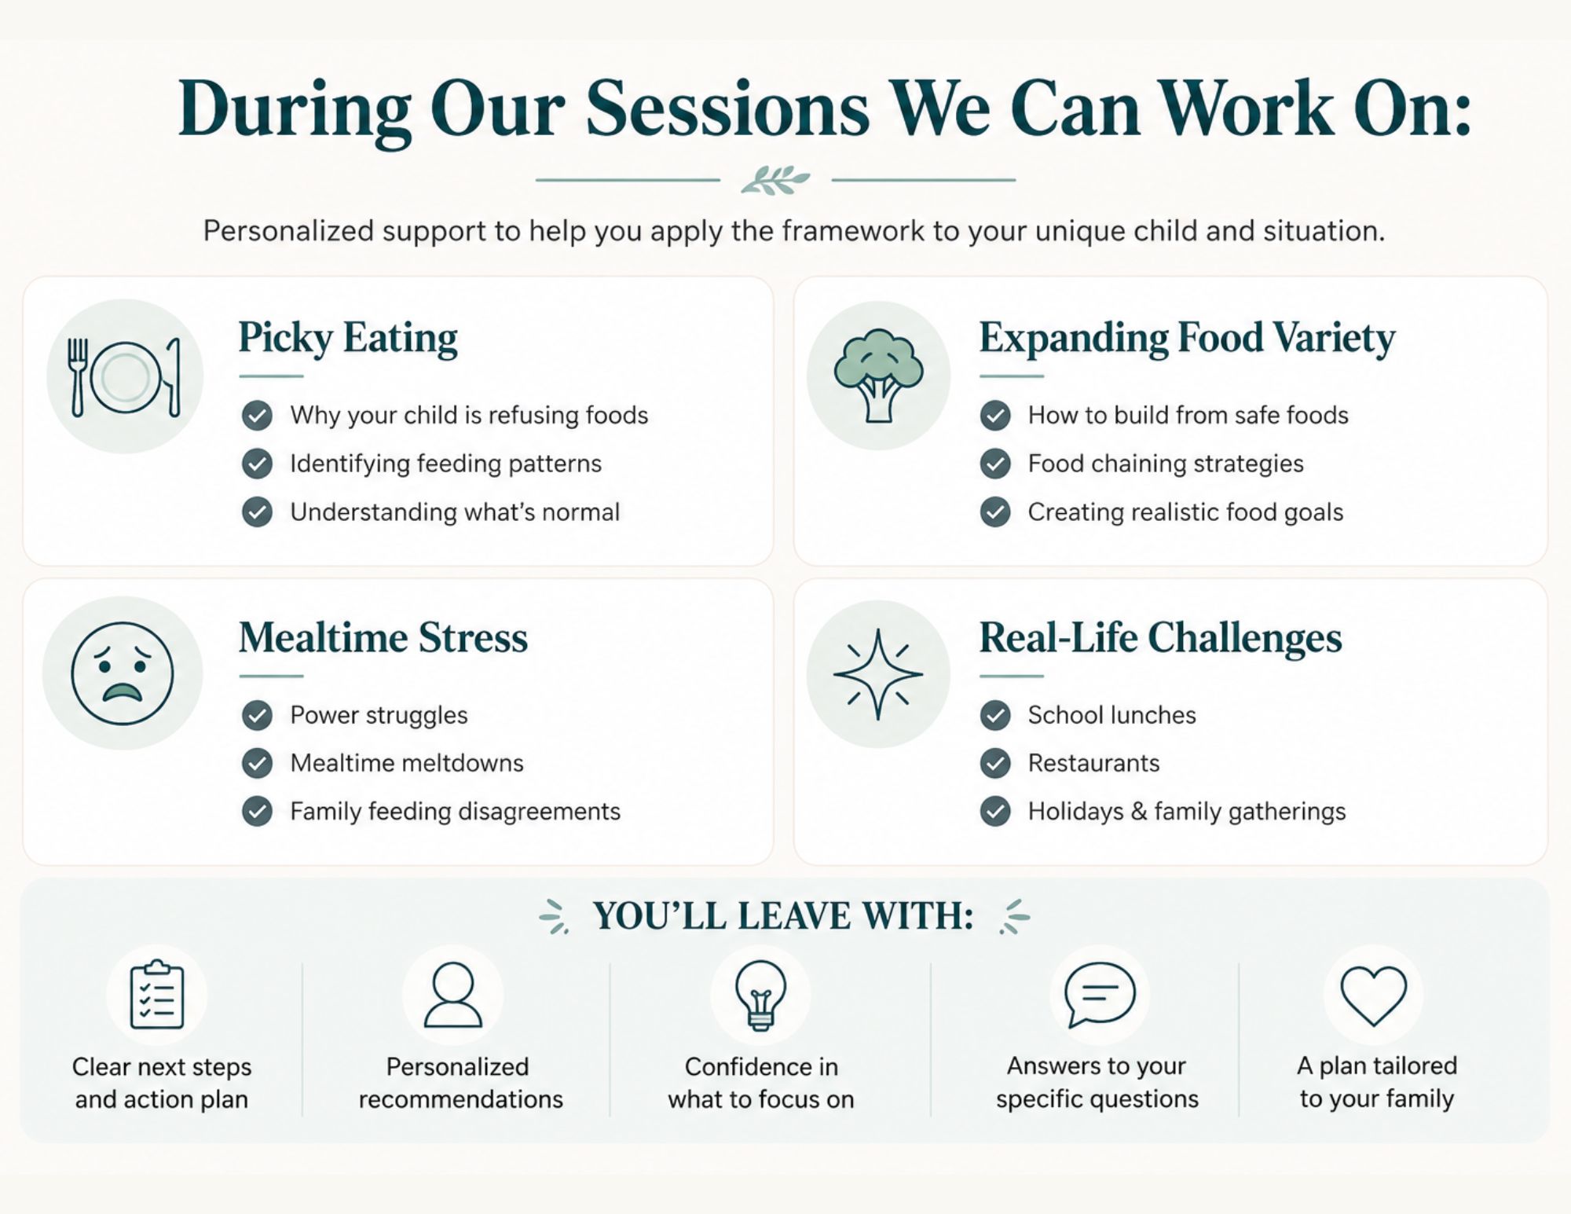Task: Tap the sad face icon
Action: coord(122,673)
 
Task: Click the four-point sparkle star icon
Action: coord(877,674)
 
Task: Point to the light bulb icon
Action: coord(760,996)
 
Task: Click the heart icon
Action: coord(1373,996)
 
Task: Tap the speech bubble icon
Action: coord(1099,996)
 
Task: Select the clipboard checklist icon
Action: coord(157,995)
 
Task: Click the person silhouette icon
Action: coord(453,995)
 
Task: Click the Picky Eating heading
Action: coord(348,339)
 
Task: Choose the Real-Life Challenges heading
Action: coord(1160,637)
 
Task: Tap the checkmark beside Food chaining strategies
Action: coord(995,464)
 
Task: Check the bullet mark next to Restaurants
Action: coord(995,763)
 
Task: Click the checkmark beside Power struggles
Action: coord(257,715)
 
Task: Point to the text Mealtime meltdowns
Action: coord(407,763)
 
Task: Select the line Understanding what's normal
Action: coord(455,512)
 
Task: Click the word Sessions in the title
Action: coord(727,109)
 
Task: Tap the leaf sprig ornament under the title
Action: coord(775,180)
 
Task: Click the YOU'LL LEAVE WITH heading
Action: coord(783,916)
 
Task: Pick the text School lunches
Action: coord(1111,715)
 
